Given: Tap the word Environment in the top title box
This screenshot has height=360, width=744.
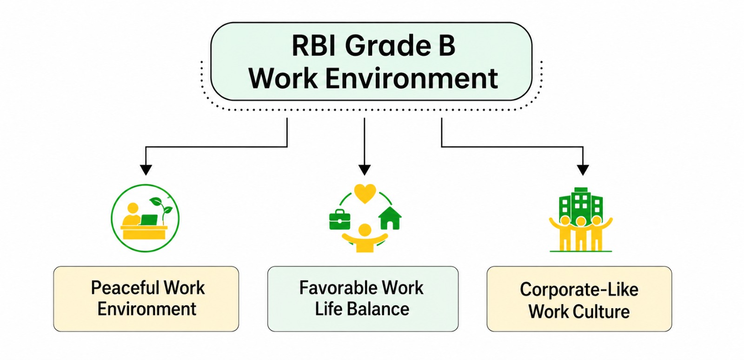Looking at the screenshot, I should (x=412, y=78).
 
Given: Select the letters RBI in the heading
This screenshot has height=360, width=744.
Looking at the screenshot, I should (x=314, y=46).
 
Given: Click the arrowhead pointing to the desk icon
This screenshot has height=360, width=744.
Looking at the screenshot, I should (x=146, y=170).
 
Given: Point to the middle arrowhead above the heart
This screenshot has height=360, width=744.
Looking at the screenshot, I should (x=365, y=170).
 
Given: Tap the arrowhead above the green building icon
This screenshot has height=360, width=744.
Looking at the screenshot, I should (x=583, y=170).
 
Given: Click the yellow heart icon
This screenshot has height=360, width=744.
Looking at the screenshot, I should (x=365, y=193).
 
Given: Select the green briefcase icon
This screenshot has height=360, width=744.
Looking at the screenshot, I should (x=339, y=220).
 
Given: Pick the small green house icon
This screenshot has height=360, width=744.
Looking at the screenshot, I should (x=390, y=218).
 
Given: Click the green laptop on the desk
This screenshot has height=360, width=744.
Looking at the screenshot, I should (x=149, y=220).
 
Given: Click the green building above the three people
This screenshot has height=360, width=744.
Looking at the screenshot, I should (x=580, y=203).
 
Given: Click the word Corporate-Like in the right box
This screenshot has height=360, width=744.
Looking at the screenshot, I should (x=579, y=290).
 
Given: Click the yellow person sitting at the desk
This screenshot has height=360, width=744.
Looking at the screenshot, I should (x=133, y=215).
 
